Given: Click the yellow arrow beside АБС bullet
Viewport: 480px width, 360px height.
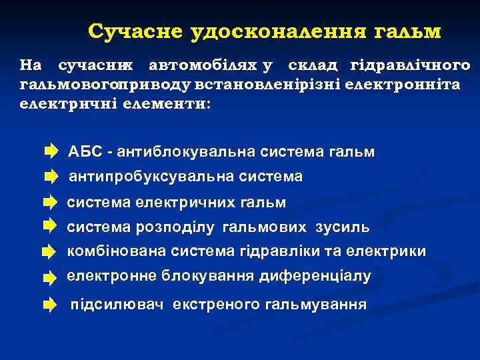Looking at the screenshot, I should (51, 152).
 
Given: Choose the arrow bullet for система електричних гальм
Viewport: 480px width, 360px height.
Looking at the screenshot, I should (51, 202).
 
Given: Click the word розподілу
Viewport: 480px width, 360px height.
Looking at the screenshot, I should (175, 227).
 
